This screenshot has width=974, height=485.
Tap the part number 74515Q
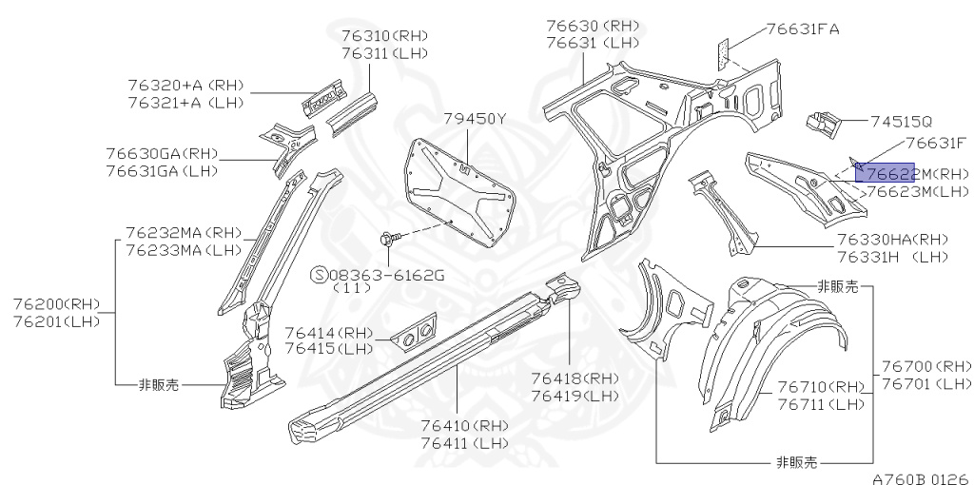[901, 122]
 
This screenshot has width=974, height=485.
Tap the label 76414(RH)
[329, 333]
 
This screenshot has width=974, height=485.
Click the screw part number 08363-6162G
[387, 275]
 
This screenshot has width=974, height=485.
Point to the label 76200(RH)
[56, 304]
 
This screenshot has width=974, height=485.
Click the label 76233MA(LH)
[184, 250]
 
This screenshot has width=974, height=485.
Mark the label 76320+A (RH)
[185, 86]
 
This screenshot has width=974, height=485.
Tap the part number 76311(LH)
[384, 53]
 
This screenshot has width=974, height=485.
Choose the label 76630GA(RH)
[162, 154]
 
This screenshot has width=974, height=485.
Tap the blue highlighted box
[886, 171]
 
